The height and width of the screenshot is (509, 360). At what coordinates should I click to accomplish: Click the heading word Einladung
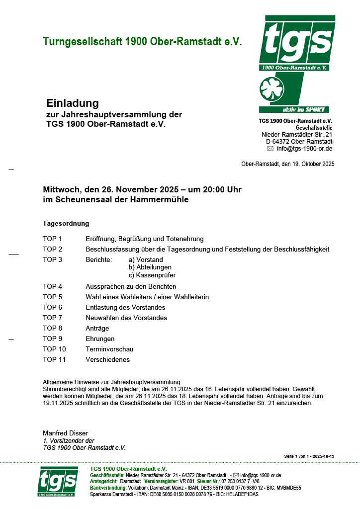point(73,103)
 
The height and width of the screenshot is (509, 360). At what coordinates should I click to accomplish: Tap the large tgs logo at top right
point(296,43)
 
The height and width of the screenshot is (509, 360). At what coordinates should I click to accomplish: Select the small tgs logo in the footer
point(58,481)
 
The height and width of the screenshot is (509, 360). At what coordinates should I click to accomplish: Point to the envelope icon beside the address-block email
point(270,149)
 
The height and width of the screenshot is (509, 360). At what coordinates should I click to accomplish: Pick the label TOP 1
point(52,239)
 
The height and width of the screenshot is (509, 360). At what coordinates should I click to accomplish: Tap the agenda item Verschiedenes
point(107,359)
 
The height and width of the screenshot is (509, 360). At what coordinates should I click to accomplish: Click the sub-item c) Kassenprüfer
point(152,275)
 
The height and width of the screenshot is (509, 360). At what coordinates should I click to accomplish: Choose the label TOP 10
point(54,349)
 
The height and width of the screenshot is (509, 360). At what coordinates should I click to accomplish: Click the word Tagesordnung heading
point(66,224)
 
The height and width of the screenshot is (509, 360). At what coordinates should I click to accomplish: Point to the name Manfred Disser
point(66,433)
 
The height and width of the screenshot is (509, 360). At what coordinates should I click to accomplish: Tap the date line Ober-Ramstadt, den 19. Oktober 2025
point(287,164)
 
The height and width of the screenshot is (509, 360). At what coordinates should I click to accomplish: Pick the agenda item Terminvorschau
point(109,349)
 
